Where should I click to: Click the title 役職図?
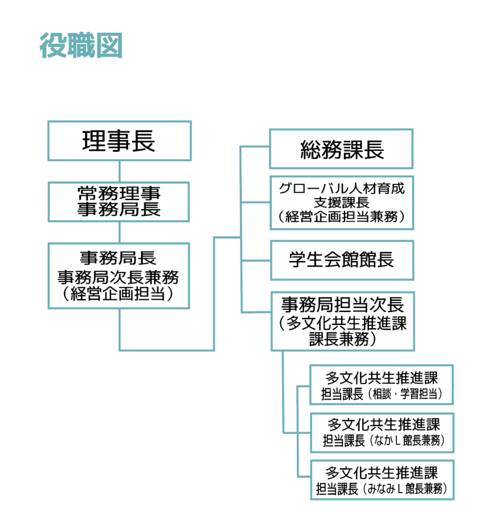pos(81,45)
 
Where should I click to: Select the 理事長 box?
pos(119,141)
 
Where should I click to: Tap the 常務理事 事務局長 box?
pos(119,202)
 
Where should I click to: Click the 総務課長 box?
pos(341,149)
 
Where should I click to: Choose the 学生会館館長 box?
pos(342,260)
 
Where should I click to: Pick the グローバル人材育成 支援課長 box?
pos(342,203)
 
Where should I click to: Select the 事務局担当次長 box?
pos(343,321)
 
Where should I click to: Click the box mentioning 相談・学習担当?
pos(381,385)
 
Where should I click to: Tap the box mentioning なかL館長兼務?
pos(383,433)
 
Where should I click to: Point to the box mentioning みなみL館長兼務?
pos(383,480)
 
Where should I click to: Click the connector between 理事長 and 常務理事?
pos(119,171)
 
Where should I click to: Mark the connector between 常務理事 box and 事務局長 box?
pos(119,232)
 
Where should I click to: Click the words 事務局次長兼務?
pos(118,277)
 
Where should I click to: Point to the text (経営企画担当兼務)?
pos(342,217)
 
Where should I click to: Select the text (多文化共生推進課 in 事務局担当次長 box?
pos(343,323)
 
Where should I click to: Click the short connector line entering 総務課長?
pos(255,146)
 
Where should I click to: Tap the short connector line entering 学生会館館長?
pos(256,260)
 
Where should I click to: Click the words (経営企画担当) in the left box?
pos(118,294)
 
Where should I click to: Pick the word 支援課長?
pos(342,202)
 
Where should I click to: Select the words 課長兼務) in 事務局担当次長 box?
pos(343,339)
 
